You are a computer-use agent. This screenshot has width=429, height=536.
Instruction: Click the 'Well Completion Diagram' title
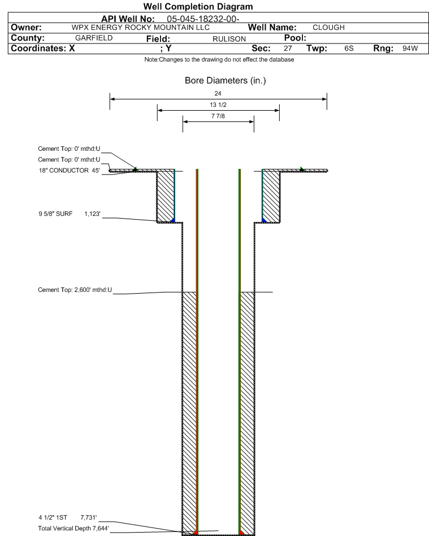pos(198,6)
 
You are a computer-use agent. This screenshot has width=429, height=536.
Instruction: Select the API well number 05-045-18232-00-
pos(203,19)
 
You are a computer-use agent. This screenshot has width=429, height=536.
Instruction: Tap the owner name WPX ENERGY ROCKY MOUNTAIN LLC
pos(141,27)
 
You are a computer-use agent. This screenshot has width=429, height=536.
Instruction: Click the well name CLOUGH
pos(328,27)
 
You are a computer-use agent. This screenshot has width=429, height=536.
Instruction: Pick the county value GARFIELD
pos(94,38)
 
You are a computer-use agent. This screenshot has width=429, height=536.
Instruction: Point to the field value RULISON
pos(229,39)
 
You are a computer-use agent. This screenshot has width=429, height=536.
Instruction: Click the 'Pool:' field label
pos(295,38)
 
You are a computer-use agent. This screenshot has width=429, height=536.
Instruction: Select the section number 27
pos(288,48)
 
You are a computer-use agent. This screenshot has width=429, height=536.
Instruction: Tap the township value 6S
pos(349,48)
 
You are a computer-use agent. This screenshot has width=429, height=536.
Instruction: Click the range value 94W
pos(410,48)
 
